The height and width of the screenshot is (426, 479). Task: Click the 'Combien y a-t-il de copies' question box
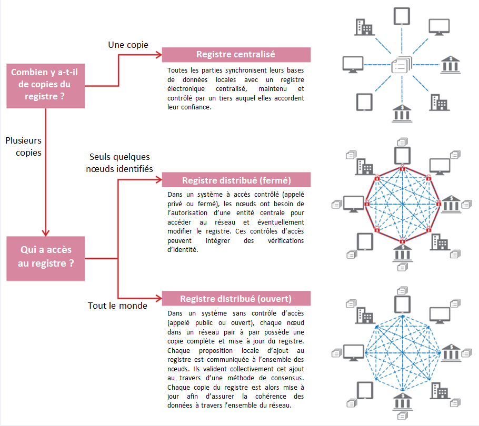click(x=45, y=85)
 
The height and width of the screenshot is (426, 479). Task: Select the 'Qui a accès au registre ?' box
click(x=45, y=257)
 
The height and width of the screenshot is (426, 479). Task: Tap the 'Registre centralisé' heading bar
click(x=236, y=55)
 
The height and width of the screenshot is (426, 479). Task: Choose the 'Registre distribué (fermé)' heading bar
click(x=236, y=180)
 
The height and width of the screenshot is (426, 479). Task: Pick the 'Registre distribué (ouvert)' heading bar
click(x=236, y=298)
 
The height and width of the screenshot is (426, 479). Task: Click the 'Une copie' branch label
click(x=128, y=45)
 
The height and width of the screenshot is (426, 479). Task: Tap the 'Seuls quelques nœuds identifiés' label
click(x=121, y=163)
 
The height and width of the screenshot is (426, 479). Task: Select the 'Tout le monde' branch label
click(x=117, y=306)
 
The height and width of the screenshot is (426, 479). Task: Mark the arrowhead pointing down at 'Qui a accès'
click(x=45, y=231)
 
